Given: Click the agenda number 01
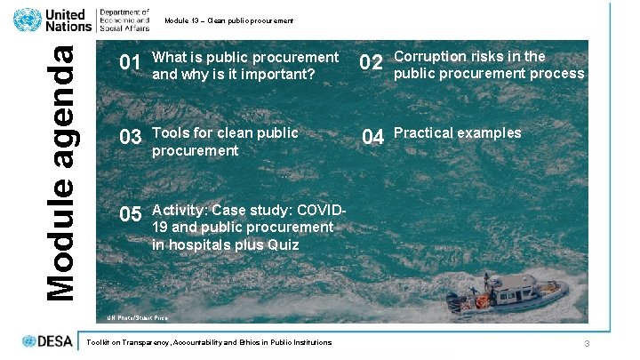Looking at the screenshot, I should point(131,64).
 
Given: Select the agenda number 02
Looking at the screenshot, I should point(372,63).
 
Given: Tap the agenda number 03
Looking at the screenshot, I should point(131,138).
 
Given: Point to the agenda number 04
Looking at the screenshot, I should point(372,138).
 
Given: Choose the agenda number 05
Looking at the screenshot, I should point(131,214).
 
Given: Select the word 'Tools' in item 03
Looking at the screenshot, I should point(171,133).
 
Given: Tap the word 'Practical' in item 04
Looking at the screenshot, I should point(423,133).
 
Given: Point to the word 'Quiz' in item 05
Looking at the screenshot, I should point(284,244).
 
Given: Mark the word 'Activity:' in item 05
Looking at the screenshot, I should point(180,210).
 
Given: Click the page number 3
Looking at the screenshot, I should point(587,344).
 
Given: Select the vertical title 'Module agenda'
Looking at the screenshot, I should point(60,172).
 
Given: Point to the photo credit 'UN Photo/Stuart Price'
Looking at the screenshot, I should point(138,317).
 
